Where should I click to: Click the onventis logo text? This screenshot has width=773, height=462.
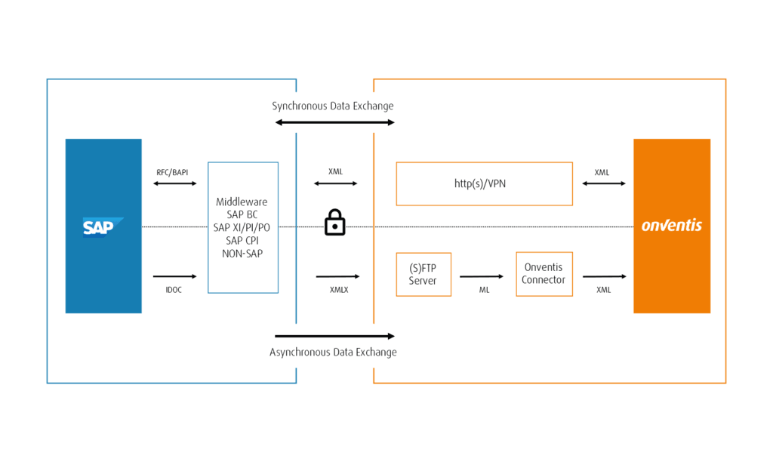tap(671, 226)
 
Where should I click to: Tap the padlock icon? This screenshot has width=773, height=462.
tap(334, 223)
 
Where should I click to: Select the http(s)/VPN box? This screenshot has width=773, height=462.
tap(484, 183)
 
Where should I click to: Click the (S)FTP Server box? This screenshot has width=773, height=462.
tap(423, 274)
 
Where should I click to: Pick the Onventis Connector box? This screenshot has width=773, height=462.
tap(544, 274)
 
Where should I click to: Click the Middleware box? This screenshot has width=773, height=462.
tap(243, 227)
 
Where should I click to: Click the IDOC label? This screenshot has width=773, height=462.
tap(174, 289)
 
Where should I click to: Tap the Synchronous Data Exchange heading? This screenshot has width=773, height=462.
tap(333, 106)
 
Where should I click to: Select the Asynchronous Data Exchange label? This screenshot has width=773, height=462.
tap(333, 353)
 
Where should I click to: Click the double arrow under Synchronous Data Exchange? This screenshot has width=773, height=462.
tap(334, 122)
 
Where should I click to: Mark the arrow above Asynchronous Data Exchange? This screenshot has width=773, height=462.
tap(334, 335)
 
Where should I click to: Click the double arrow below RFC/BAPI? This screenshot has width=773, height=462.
tap(174, 183)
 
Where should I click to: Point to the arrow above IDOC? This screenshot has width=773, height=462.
tap(174, 277)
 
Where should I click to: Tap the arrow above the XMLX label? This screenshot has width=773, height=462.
tap(337, 277)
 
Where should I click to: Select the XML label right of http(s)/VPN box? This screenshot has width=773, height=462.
tap(602, 172)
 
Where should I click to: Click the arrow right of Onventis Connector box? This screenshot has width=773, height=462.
tap(604, 277)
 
